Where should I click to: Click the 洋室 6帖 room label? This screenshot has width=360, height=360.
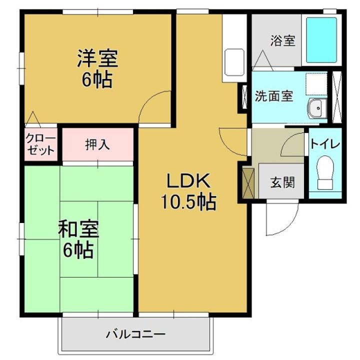point(97,68)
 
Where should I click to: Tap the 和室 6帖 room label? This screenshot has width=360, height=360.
point(78,239)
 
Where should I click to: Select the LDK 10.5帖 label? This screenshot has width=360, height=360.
point(188,191)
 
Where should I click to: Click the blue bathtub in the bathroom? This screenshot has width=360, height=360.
point(321,39)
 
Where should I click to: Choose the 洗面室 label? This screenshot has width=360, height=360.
point(274,96)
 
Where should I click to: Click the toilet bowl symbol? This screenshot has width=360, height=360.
point(325,172)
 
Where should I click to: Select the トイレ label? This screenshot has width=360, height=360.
point(324,144)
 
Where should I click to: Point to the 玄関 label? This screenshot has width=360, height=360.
point(282,182)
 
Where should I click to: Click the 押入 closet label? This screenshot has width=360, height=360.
point(97,145)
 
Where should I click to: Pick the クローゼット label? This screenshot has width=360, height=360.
point(40,144)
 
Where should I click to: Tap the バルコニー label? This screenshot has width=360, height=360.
point(135,334)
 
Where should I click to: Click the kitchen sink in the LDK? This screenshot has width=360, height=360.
point(234,62)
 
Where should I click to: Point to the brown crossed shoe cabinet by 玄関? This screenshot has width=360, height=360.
point(248,183)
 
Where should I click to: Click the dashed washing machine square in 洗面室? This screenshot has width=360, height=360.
point(316,84)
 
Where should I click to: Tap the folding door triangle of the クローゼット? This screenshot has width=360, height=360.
point(33,119)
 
